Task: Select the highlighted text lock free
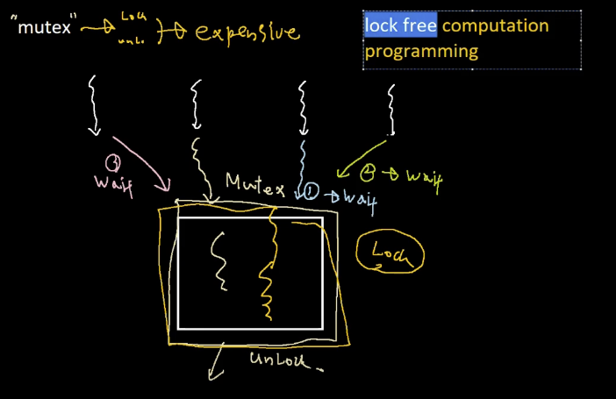click(x=400, y=25)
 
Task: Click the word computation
click(x=495, y=25)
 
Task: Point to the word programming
click(x=421, y=51)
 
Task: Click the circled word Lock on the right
click(x=390, y=253)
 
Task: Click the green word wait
click(x=424, y=178)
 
